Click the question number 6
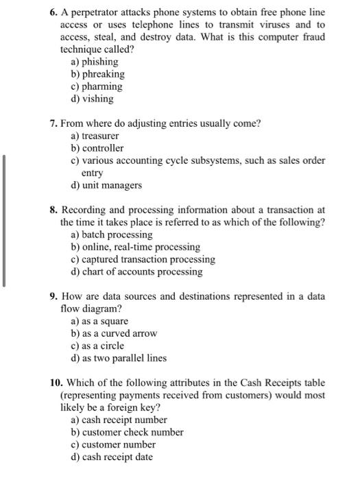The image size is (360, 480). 53,13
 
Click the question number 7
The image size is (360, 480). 53,123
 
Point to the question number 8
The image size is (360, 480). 53,210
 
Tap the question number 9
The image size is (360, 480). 53,296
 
